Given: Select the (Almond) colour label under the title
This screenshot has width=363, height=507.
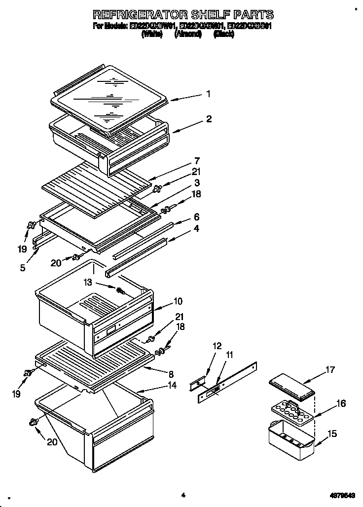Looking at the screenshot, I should (x=188, y=35).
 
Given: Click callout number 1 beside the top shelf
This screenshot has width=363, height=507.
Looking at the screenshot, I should (x=208, y=94).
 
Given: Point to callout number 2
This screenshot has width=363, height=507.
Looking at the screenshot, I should (x=209, y=119).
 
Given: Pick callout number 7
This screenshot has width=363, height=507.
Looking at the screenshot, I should (x=196, y=160).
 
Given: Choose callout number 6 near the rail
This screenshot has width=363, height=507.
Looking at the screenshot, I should (x=196, y=217).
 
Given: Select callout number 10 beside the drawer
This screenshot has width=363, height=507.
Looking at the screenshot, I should (x=178, y=301).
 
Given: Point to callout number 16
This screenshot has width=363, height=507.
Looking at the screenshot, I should (x=340, y=403).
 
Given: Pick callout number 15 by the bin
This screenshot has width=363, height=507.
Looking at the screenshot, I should (x=332, y=434).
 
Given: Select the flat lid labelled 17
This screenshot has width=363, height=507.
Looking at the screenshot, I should (x=292, y=387).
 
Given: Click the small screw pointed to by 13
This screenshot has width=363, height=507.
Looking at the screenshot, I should (x=120, y=290).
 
